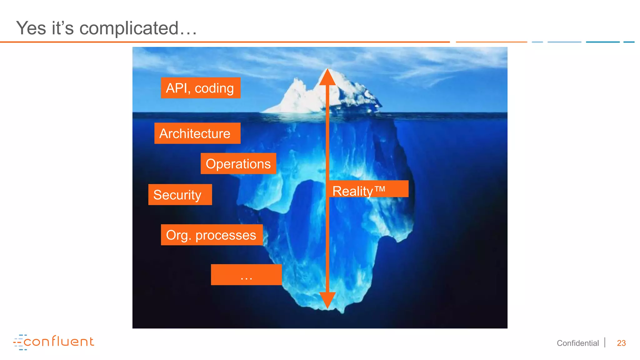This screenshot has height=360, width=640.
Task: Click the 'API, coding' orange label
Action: (x=200, y=88)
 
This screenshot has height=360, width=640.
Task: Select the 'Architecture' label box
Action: (x=197, y=133)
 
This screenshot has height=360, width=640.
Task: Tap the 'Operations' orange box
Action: (x=238, y=164)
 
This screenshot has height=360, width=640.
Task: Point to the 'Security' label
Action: (x=180, y=195)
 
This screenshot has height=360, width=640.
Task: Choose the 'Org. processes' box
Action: (x=212, y=235)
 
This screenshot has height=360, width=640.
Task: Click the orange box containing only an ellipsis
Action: (x=246, y=275)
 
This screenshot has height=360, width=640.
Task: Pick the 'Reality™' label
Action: (x=368, y=189)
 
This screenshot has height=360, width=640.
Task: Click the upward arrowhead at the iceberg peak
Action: (x=327, y=77)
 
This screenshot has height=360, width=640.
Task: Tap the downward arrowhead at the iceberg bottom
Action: (x=327, y=299)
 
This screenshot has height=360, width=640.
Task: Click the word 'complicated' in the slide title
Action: (x=129, y=28)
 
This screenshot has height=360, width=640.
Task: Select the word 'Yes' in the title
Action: (x=31, y=28)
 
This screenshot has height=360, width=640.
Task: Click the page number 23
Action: (x=621, y=343)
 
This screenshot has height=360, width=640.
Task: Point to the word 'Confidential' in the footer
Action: (x=577, y=343)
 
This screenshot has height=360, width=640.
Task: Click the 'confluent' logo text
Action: (x=59, y=342)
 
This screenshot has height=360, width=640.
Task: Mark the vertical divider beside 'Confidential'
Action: (x=605, y=342)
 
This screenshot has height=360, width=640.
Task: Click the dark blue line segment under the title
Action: (x=602, y=42)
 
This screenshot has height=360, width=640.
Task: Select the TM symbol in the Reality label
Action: (x=380, y=189)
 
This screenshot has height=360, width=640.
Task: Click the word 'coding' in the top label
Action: (x=214, y=88)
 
